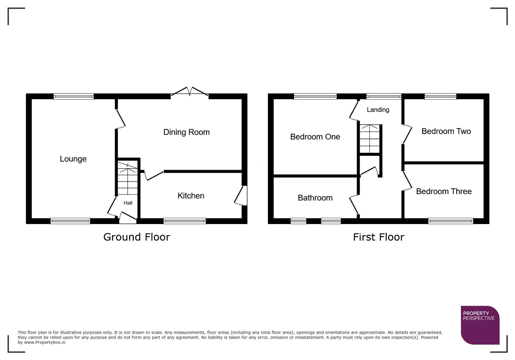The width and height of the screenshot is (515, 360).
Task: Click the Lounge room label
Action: coord(73,159)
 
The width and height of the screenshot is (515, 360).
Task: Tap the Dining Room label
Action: coord(186,132)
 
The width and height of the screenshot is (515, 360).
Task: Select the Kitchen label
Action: coord(191,196)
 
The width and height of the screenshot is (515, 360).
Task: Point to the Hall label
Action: coord(128,203)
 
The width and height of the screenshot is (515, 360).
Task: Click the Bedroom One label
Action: coord(315,137)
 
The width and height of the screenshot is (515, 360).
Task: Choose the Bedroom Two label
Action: coord(446,131)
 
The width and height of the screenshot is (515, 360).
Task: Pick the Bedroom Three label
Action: coord(444,191)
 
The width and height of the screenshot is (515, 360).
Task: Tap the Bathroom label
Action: coord(315,198)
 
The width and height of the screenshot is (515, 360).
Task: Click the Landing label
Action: coord(378,110)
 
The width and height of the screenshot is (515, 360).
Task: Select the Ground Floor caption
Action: coord(136,237)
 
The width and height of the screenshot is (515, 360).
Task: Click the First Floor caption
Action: coord(379,237)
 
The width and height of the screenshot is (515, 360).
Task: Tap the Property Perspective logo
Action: coord(480,325)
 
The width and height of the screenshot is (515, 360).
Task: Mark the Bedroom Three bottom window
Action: coord(451,221)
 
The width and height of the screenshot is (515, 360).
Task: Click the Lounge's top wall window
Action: coord(74,97)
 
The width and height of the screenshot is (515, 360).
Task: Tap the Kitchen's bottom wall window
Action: coord(184,221)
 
